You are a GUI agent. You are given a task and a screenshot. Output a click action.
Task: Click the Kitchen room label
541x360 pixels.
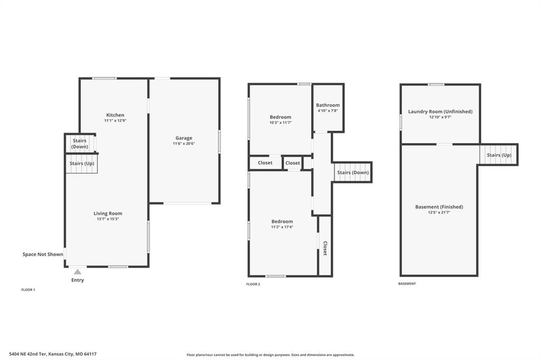(x=115, y=115)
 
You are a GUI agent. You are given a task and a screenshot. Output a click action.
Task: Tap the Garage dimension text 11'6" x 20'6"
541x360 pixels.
(x=184, y=144)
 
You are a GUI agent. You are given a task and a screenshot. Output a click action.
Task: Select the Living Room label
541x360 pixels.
(x=108, y=213)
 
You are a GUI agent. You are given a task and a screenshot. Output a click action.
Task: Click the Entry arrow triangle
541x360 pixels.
(x=78, y=272)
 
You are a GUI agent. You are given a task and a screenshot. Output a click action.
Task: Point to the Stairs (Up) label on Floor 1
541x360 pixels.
(x=82, y=164)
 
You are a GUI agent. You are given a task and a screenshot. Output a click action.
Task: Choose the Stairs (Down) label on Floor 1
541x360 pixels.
(x=80, y=144)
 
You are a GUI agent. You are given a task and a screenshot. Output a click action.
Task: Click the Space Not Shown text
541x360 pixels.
(x=43, y=254)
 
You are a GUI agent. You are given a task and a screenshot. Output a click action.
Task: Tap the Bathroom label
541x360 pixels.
(x=328, y=105)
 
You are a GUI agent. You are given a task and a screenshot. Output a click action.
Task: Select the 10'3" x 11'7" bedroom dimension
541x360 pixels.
(x=281, y=122)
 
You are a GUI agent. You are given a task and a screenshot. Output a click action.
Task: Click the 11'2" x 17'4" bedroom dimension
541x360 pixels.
(x=282, y=227)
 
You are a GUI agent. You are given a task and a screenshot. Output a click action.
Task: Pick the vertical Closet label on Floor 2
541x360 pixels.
(x=325, y=248)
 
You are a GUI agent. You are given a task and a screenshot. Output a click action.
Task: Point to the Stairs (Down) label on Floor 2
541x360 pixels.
(x=353, y=173)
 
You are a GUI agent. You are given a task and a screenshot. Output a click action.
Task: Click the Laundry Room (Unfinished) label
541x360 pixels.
(x=440, y=111)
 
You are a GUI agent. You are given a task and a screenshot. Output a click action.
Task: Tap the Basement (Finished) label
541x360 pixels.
(x=439, y=207)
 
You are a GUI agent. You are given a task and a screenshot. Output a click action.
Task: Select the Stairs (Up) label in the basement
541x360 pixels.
(x=499, y=155)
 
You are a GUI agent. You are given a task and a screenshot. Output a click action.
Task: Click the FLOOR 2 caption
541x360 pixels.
(x=253, y=284)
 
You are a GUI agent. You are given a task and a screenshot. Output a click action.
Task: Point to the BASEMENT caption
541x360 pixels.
(x=407, y=283)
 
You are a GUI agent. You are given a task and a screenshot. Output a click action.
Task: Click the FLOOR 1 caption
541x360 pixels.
(x=29, y=290)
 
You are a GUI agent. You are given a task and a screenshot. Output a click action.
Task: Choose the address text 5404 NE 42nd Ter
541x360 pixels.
(x=28, y=354)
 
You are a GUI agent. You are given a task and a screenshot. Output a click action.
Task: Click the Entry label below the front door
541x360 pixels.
(x=78, y=280)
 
